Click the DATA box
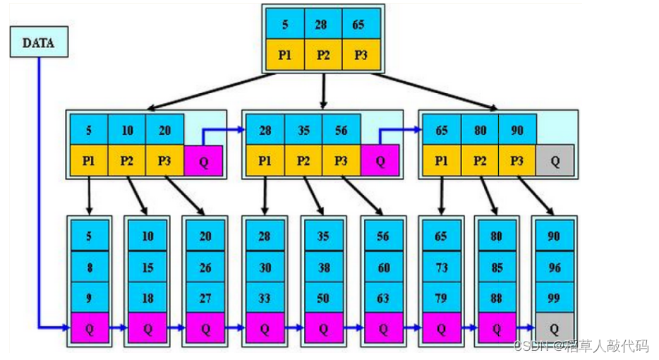click(x=39, y=42)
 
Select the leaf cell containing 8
click(x=89, y=267)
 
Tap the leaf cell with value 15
click(x=147, y=267)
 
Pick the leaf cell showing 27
click(x=205, y=298)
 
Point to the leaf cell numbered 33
click(x=264, y=298)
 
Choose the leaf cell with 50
click(x=323, y=298)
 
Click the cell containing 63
click(x=382, y=298)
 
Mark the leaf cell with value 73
click(x=441, y=267)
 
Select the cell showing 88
click(x=497, y=298)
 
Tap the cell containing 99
click(x=554, y=298)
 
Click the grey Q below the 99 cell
click(x=554, y=328)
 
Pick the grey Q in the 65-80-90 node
click(x=555, y=161)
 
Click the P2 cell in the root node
click(x=323, y=55)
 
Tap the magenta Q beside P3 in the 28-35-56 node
click(x=380, y=161)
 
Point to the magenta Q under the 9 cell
click(x=89, y=328)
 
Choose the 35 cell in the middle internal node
click(x=303, y=130)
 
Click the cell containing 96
click(x=554, y=267)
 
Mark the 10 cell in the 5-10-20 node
click(x=127, y=130)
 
